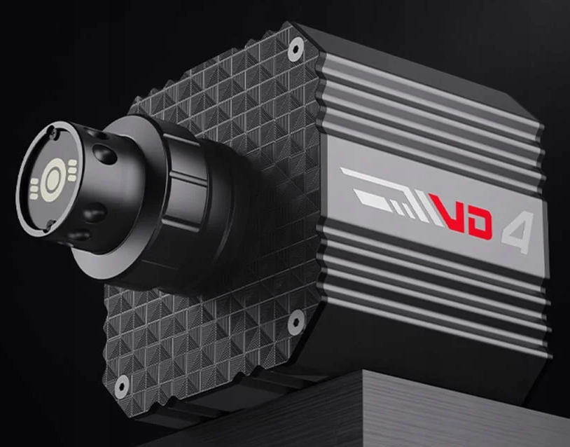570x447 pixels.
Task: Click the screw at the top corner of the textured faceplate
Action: pos(296,49)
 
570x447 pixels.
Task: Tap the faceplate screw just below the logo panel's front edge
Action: pos(296,321)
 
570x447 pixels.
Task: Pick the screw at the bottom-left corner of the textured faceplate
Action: pos(121,386)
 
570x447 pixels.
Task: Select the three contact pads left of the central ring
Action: pos(34,188)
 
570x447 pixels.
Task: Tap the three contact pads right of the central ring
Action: pos(72,170)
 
